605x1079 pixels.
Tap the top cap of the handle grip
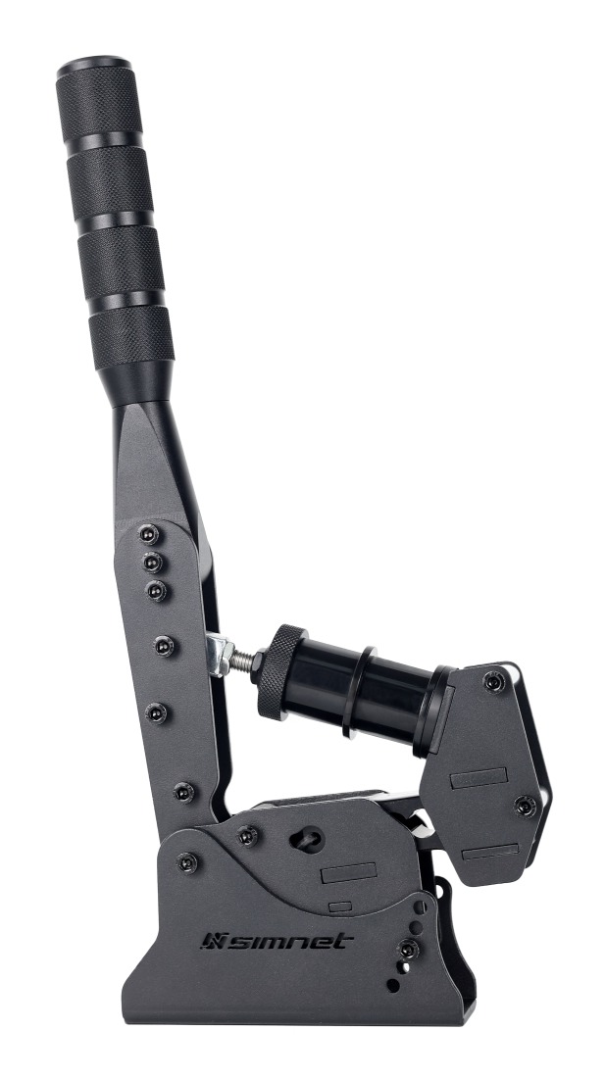[x=93, y=70]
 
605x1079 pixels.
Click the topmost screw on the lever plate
[x=148, y=534]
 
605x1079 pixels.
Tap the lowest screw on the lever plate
[x=182, y=790]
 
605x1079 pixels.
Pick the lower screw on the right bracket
[x=524, y=806]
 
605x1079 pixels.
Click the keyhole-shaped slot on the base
[x=307, y=838]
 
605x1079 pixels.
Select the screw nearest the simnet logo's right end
[x=405, y=949]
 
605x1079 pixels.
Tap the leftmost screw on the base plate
[x=186, y=862]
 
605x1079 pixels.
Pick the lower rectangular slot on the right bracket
[x=489, y=852]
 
